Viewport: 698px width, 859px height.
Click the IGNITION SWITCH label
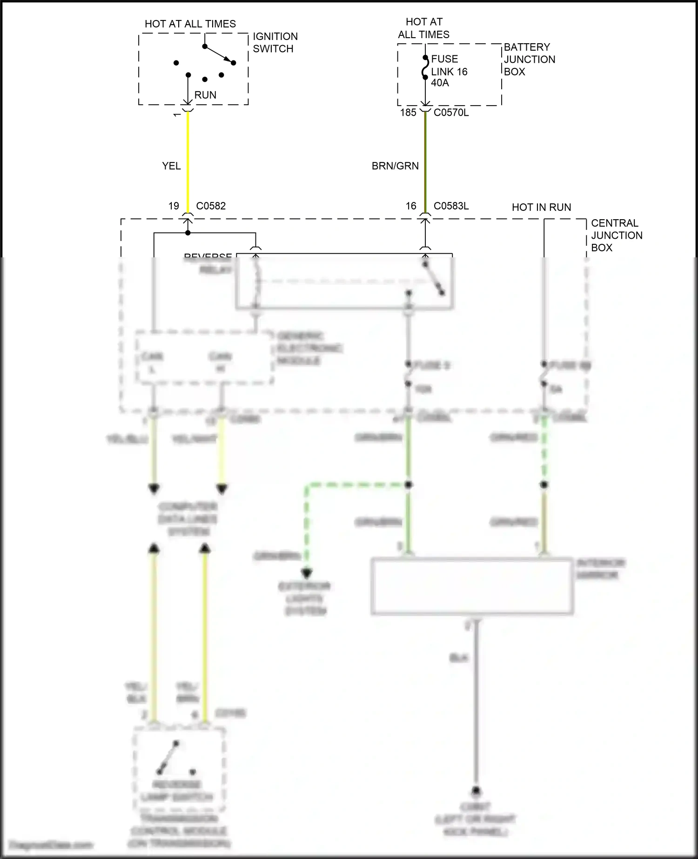coord(275,42)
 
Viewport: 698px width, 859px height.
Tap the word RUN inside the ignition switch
coord(205,95)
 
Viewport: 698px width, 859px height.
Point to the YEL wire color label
coord(171,166)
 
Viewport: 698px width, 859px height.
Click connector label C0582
coord(211,206)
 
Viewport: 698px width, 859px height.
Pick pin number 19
coord(174,206)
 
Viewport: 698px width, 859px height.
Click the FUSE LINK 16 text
coord(449,65)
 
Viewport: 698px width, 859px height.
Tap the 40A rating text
coord(440,83)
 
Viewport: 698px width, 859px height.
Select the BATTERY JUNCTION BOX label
coord(529,59)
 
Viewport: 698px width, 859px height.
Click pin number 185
coord(408,113)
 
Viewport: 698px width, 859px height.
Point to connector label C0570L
coord(451,113)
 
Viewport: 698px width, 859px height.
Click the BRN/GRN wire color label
coord(395,166)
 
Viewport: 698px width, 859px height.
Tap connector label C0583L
coord(451,206)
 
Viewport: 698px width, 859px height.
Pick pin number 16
coord(411,206)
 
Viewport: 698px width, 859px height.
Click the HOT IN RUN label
coord(541,208)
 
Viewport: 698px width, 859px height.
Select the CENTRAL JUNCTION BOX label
coord(616,235)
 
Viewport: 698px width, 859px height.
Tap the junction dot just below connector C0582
coord(188,233)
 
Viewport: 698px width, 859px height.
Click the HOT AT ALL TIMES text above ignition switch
coord(190,24)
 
